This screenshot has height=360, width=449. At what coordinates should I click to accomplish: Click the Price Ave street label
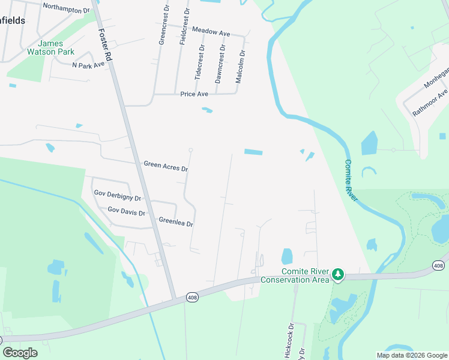[x=194, y=94]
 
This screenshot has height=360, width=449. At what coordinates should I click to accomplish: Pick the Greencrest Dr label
[x=162, y=26]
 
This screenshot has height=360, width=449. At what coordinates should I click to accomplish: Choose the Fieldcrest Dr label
[x=185, y=28]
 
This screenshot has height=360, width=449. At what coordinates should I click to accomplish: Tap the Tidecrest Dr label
[x=199, y=63]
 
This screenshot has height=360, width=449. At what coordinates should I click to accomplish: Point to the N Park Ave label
[x=88, y=65]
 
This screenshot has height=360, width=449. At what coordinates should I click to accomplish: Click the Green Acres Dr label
[x=166, y=166]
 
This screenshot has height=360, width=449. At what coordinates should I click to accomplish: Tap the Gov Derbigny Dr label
[x=118, y=196]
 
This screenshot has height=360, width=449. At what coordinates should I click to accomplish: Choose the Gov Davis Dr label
[x=126, y=212]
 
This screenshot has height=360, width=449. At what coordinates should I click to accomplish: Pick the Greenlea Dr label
[x=175, y=223]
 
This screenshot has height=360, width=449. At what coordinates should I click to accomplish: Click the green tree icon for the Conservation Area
[x=338, y=274]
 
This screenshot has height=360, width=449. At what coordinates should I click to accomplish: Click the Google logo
[x=20, y=353]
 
